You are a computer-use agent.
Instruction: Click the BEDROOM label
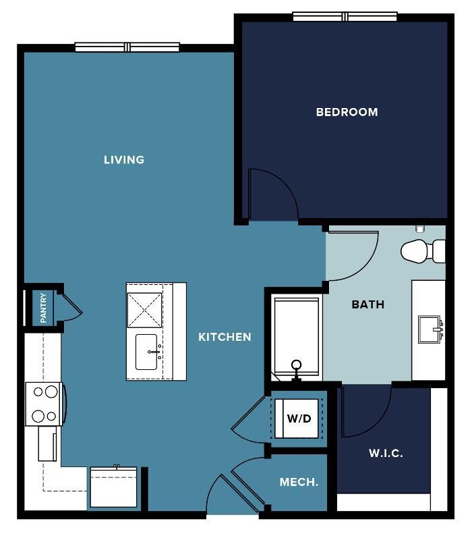(x=347, y=112)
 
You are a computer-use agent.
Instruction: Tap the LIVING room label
(x=124, y=160)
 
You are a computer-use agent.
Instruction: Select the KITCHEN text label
(x=225, y=338)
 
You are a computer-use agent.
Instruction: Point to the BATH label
(x=367, y=304)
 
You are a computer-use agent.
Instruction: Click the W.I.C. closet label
(x=386, y=453)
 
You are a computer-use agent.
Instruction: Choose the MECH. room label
(x=299, y=482)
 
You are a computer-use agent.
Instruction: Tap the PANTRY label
(x=43, y=308)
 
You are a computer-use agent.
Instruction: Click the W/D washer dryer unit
(x=297, y=419)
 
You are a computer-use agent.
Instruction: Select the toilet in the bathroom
(x=423, y=251)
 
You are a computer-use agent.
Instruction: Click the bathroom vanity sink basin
(x=429, y=329)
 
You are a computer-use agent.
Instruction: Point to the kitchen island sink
(x=146, y=352)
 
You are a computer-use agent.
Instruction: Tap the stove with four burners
(x=45, y=404)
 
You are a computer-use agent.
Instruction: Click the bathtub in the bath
(x=297, y=339)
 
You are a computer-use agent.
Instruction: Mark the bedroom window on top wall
(x=345, y=16)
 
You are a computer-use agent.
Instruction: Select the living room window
(x=127, y=47)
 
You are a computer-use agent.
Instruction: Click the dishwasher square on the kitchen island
(x=144, y=310)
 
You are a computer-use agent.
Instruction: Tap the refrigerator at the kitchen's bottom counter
(x=113, y=487)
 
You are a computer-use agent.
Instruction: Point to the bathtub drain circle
(x=296, y=364)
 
